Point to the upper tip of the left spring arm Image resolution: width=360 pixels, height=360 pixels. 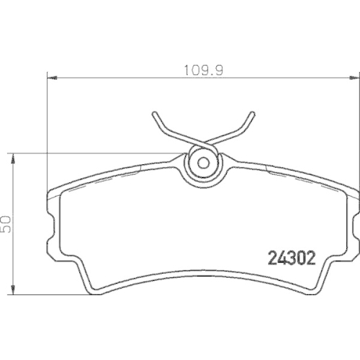pyautogui.click(x=155, y=114)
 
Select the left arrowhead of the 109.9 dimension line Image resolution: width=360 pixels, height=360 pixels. pyautogui.click(x=50, y=78)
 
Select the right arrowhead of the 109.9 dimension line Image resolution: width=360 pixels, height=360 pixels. pyautogui.click(x=354, y=78)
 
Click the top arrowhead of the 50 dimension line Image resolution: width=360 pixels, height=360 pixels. pyautogui.click(x=14, y=156)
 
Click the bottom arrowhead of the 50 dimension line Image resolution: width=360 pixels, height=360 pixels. pyautogui.click(x=14, y=294)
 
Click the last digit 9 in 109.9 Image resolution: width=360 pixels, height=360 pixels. pyautogui.click(x=214, y=71)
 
